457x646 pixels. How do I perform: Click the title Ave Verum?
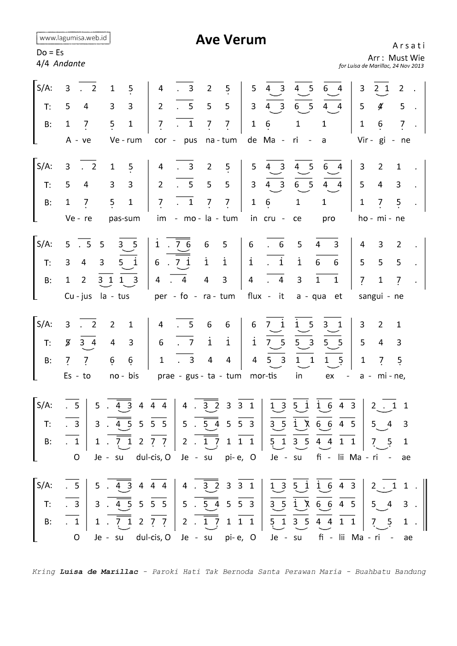pyautogui.click(x=231, y=40)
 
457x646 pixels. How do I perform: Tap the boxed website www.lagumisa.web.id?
pyautogui.click(x=73, y=38)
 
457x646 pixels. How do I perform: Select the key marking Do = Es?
pyautogui.click(x=50, y=52)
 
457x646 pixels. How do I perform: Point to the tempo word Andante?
pyautogui.click(x=69, y=64)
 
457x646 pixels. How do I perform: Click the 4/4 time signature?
pyautogui.click(x=42, y=64)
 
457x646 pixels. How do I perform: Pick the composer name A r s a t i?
pyautogui.click(x=409, y=46)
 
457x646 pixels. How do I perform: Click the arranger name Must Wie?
pyautogui.click(x=406, y=58)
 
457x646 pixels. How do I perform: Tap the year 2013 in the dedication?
pyautogui.click(x=417, y=66)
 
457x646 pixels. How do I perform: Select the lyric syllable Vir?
pyautogui.click(x=362, y=140)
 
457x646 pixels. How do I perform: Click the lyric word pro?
pyautogui.click(x=328, y=218)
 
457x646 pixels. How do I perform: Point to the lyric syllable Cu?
pyautogui.click(x=69, y=296)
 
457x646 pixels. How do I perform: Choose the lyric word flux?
pyautogui.click(x=254, y=296)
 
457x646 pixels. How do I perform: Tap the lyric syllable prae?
pyautogui.click(x=166, y=376)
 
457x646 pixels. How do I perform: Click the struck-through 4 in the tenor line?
pyautogui.click(x=380, y=106)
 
